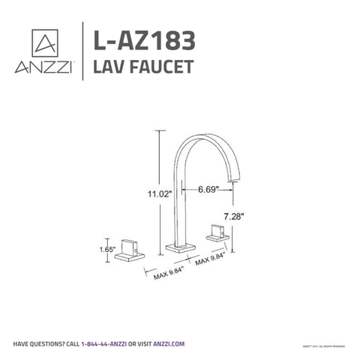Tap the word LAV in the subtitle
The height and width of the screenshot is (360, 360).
pyautogui.click(x=109, y=67)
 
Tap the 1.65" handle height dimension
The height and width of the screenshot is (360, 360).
pyautogui.click(x=108, y=244)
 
